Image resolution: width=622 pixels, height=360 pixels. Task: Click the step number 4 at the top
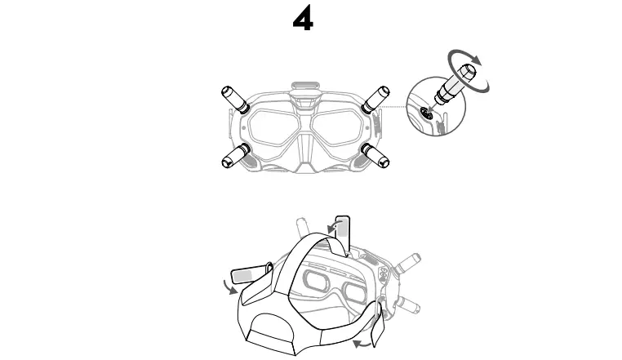(x=303, y=21)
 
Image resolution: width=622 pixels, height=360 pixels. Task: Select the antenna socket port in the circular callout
(x=426, y=115)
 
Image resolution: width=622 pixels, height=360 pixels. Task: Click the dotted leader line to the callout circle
(x=396, y=107)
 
